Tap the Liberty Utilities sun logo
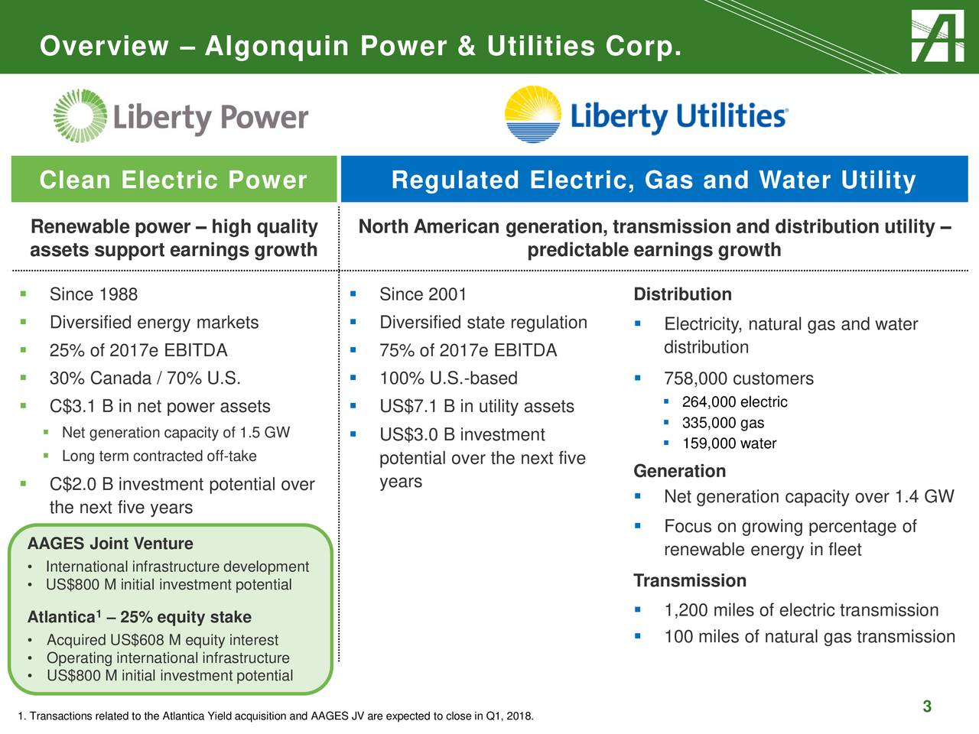(x=533, y=115)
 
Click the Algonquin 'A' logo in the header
(x=938, y=36)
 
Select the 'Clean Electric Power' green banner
(x=174, y=180)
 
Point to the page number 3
(x=926, y=706)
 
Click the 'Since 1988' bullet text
(x=93, y=294)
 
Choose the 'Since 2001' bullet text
(x=423, y=294)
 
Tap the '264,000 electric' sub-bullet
(x=734, y=402)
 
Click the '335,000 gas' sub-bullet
(x=723, y=423)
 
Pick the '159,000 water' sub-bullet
(x=729, y=443)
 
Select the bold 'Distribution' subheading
(x=682, y=294)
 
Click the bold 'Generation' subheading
(x=679, y=471)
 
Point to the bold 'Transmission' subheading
(x=690, y=581)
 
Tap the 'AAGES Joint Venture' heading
(x=110, y=544)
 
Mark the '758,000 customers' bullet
(x=738, y=378)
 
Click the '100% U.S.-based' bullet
(x=448, y=378)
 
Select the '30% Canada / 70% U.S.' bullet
(x=145, y=378)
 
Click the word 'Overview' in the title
(x=104, y=47)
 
